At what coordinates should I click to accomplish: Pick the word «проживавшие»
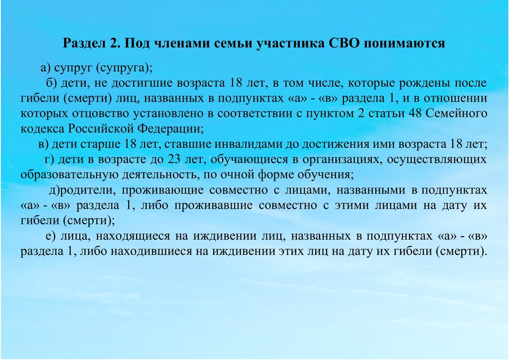213,205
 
